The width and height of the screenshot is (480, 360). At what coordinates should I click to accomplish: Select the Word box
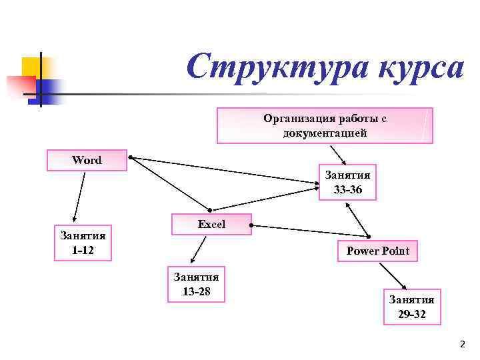pos(87,160)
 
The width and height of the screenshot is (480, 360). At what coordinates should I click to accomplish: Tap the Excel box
pos(211,225)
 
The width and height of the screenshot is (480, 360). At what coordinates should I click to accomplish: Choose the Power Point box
pos(377,251)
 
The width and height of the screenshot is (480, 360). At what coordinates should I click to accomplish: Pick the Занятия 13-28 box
pos(196,284)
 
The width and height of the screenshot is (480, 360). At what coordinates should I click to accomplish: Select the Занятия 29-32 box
pos(411,307)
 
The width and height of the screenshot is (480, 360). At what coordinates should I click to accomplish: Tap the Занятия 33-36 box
pos(347,182)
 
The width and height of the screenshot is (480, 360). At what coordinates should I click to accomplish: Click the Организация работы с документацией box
pos(325,125)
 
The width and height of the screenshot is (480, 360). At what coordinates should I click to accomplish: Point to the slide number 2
pos(461,344)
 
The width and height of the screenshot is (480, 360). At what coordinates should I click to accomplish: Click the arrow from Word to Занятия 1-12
pos(79,197)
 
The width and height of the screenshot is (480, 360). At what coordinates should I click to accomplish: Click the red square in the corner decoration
pos(20,85)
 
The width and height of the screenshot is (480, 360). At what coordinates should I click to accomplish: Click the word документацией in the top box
pos(325,133)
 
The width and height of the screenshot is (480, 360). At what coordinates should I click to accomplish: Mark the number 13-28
pos(196,291)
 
